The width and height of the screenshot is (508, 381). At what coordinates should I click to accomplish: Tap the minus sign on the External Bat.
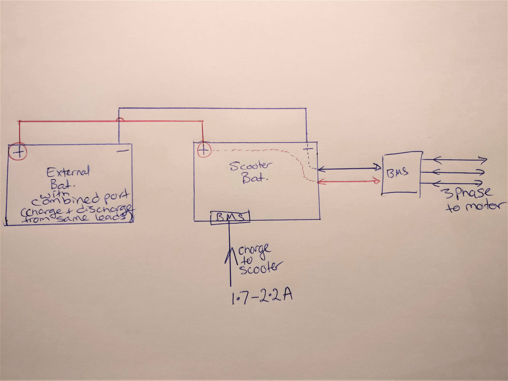pos(122,151)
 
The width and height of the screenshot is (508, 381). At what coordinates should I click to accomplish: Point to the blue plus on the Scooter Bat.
pos(308,150)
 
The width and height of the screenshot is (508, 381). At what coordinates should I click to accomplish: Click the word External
pos(68,172)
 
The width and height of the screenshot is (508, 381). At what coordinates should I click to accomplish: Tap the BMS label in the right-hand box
pos(397,173)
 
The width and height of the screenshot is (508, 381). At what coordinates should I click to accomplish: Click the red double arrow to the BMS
pos(349,181)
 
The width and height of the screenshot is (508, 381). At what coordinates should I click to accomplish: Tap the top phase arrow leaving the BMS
pos(455,160)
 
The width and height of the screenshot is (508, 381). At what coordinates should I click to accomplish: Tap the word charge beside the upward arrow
pos(254,250)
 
